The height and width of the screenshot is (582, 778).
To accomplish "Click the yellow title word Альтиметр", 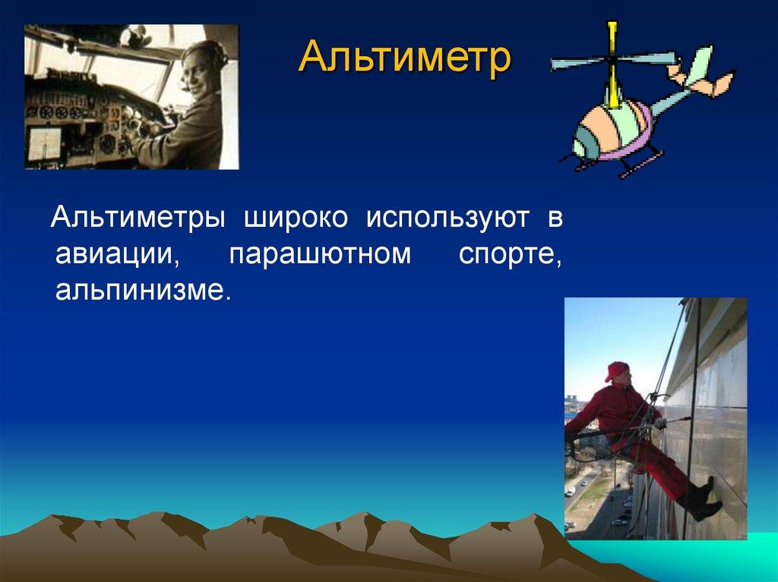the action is pos(404,57).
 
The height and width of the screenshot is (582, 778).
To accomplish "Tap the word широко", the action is pos(296,219).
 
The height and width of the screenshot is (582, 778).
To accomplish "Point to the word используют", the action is pos(447,219).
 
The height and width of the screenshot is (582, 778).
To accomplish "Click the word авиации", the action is pos(117,255).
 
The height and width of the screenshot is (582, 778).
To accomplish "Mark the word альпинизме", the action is pos(144,290).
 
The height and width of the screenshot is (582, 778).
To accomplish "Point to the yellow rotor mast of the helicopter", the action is pos(614,64).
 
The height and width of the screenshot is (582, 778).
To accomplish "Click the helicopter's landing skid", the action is pos(640,165).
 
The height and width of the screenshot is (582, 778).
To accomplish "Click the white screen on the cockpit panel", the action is pos(44,144).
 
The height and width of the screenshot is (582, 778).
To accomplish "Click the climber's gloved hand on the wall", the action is pos(660,423).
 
